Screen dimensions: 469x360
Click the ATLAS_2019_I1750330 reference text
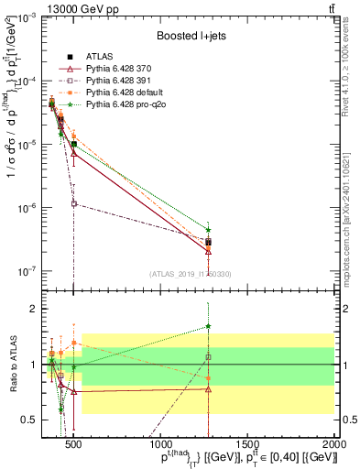pyautogui.click(x=191, y=274)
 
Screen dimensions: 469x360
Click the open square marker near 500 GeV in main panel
pyautogui.click(x=74, y=203)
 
